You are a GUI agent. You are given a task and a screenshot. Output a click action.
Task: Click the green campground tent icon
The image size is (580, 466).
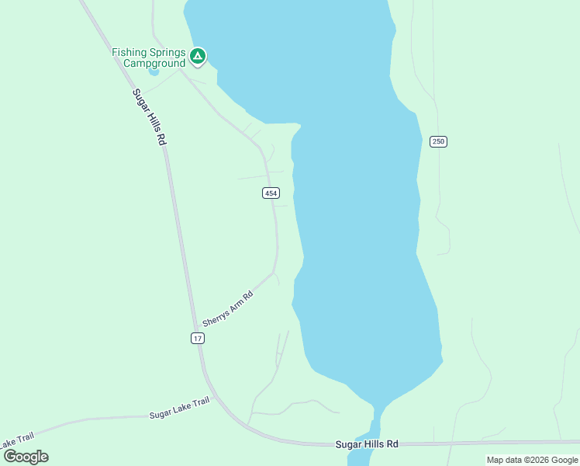click(198, 56)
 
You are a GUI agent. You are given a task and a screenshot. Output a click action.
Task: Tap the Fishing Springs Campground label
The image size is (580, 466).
click(149, 57)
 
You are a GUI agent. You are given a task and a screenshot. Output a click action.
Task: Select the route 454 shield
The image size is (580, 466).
click(270, 193)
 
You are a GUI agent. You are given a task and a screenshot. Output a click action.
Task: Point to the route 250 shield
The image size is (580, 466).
click(438, 141)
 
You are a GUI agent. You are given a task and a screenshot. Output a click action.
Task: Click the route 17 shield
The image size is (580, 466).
click(198, 338)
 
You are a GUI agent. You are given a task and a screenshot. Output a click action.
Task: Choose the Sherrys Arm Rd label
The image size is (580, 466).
click(228, 308)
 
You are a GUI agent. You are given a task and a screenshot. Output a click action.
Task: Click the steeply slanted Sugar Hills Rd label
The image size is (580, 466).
click(150, 116)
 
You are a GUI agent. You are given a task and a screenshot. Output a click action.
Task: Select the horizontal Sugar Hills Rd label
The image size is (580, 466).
click(367, 444)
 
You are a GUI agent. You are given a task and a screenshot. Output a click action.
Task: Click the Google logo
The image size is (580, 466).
click(25, 457)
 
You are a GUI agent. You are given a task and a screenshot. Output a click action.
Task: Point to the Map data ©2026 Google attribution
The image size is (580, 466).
click(532, 460)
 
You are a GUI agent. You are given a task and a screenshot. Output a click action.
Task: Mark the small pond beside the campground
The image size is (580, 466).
click(154, 72)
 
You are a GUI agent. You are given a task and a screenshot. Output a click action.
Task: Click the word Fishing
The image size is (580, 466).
click(129, 52)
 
